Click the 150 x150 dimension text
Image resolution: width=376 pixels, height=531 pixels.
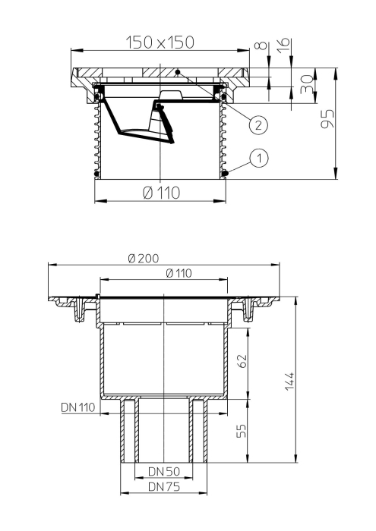(161, 42)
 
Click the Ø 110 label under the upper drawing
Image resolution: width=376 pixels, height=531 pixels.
(161, 193)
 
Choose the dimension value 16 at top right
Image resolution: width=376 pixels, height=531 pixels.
(282, 47)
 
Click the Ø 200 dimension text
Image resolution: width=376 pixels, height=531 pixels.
(144, 258)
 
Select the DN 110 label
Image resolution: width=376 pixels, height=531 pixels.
(77, 408)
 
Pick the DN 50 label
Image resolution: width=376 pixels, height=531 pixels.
(163, 472)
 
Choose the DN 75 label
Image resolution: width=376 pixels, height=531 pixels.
(163, 487)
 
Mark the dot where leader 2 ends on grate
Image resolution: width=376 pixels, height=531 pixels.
(177, 72)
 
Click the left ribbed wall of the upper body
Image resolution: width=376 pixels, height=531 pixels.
(96, 137)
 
